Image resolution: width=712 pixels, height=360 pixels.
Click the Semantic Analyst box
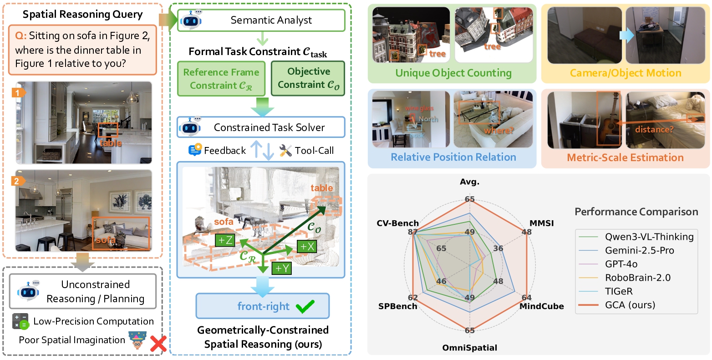click(x=261, y=20)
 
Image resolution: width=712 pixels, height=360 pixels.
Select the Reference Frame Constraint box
click(x=221, y=79)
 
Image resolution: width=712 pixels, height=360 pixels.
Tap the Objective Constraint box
click(x=308, y=78)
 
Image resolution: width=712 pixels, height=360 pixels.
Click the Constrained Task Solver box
click(x=261, y=127)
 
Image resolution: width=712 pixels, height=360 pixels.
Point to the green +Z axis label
click(x=225, y=240)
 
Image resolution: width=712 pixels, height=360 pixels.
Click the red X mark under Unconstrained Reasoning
click(x=158, y=344)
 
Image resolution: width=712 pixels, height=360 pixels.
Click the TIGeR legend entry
click(x=618, y=291)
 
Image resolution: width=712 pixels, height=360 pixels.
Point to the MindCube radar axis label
click(x=542, y=306)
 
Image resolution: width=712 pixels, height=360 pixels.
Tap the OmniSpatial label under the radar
click(x=469, y=348)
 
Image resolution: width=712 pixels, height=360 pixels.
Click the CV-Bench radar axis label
click(x=397, y=223)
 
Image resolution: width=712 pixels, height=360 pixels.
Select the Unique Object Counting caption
click(x=453, y=73)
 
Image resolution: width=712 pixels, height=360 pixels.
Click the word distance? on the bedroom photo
click(x=654, y=130)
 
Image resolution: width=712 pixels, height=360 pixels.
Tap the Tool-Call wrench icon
click(x=285, y=151)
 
